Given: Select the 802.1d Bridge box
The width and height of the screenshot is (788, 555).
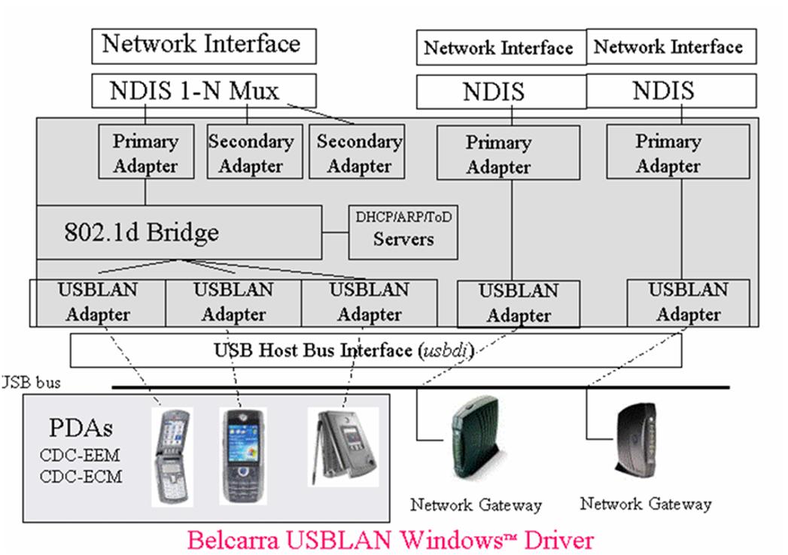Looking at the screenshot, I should (x=177, y=232).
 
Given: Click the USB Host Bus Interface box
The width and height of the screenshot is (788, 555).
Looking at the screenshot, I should (x=375, y=350).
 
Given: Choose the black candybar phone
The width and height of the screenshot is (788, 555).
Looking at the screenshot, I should (x=244, y=455).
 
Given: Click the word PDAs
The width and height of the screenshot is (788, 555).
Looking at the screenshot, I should (x=81, y=429).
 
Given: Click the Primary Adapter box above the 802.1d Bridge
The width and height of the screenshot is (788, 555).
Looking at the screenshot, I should (x=145, y=154).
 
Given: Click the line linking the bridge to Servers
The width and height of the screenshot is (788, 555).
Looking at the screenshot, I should (x=334, y=233).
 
